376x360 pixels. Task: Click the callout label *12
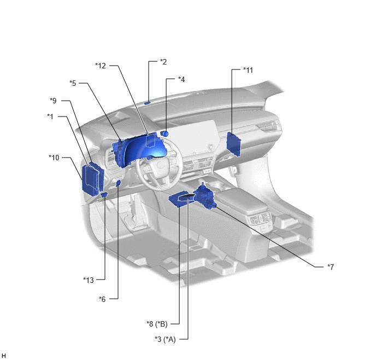101,66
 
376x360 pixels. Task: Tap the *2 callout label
163,62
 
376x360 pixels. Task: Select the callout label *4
181,79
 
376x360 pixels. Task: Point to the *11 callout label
248,70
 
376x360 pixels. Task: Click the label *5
73,83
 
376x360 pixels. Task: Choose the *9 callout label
53,101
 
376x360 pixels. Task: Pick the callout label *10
54,158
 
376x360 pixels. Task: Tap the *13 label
88,280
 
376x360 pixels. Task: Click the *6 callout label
102,299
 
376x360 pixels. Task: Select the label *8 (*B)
157,324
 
